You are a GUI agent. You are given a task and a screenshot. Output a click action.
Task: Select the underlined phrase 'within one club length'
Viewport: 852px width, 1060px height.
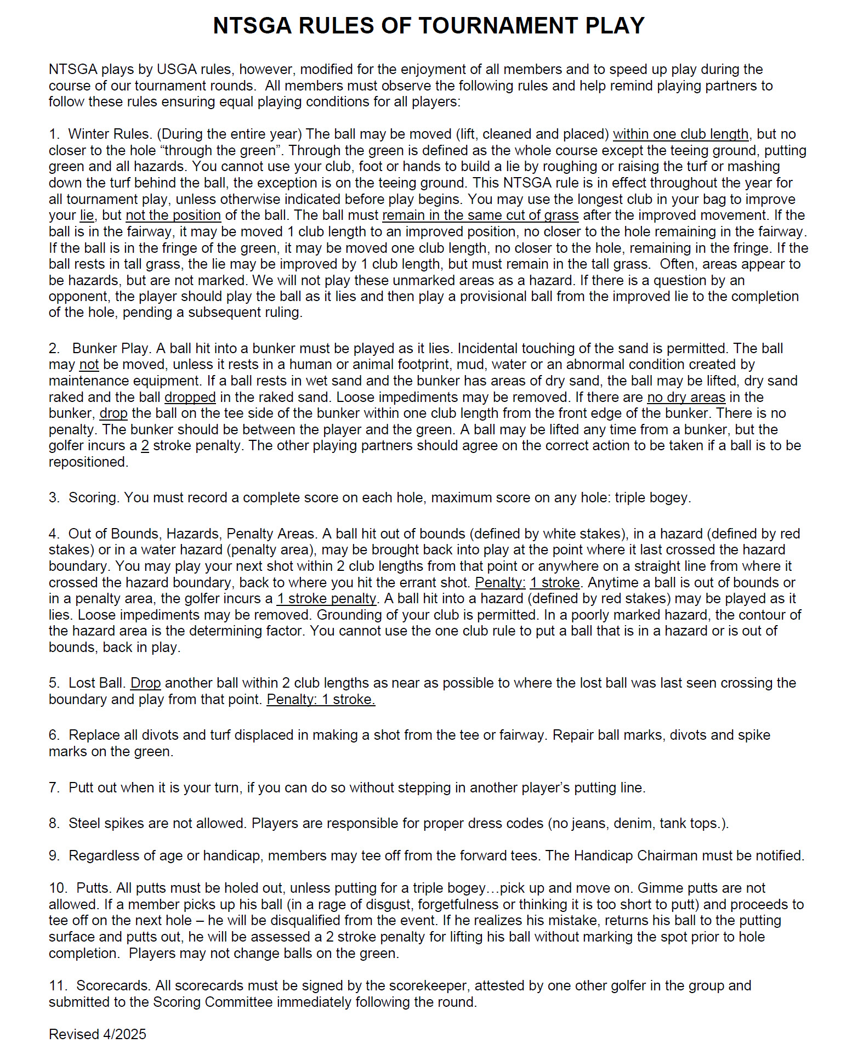(x=680, y=134)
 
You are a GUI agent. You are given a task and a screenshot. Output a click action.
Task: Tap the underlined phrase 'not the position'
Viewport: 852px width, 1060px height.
(x=173, y=216)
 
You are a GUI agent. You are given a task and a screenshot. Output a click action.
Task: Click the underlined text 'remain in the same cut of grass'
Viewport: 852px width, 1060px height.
(x=480, y=216)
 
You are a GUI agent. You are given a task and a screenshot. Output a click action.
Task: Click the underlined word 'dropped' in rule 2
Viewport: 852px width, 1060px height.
(x=190, y=398)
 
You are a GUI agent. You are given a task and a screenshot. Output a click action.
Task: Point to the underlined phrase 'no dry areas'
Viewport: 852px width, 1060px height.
(x=686, y=398)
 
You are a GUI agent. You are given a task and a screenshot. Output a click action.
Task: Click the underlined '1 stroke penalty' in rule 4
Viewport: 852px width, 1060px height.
(x=327, y=599)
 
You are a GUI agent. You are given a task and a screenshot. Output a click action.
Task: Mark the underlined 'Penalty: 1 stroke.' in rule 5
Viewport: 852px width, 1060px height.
(x=321, y=700)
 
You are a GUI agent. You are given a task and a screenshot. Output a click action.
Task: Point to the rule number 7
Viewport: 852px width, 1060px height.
(x=53, y=788)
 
